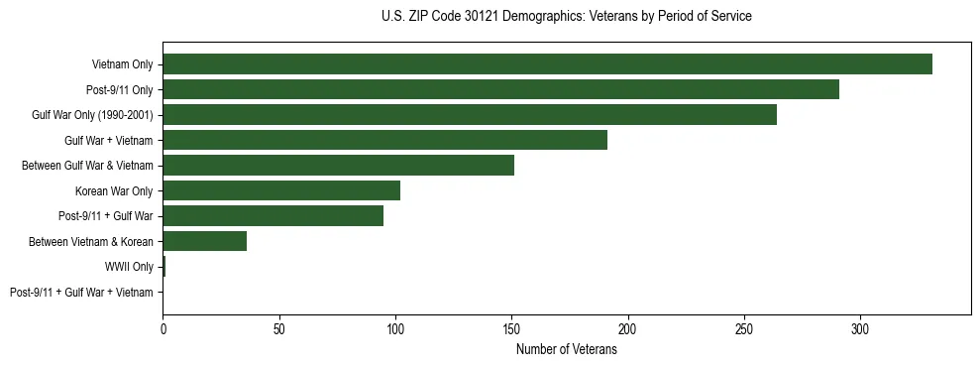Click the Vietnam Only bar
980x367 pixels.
547,64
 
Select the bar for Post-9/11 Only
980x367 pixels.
500,89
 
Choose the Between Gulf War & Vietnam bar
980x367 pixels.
338,166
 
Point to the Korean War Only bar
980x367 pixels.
281,190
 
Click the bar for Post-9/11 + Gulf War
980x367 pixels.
272,216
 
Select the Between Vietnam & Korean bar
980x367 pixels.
204,241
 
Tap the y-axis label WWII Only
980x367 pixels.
129,267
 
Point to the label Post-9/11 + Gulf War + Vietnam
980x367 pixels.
81,293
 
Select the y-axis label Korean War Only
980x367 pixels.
114,191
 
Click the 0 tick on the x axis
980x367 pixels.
163,329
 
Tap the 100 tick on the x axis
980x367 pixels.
395,329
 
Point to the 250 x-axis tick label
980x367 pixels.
744,329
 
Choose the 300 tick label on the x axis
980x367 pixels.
860,329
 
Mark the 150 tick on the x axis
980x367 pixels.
511,329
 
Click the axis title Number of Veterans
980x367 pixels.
566,350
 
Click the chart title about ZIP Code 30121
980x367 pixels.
566,17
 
